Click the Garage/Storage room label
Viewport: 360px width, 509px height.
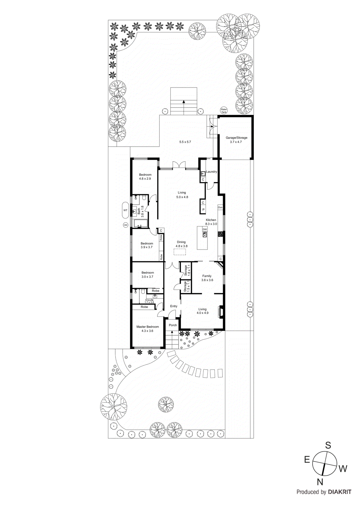236,138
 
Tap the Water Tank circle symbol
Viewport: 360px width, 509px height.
224,110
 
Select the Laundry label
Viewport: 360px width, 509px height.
211,172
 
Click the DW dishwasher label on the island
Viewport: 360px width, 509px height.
205,229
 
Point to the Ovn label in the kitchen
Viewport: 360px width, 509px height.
220,207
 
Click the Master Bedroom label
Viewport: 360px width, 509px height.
147,327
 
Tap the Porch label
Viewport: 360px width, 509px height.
173,325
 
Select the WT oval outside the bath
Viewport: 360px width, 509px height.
125,210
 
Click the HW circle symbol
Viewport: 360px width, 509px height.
125,225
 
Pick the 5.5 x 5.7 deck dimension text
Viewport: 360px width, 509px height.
185,142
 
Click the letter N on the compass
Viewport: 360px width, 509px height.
320,482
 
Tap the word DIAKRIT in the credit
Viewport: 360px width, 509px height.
340,492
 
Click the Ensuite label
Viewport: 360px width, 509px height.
149,300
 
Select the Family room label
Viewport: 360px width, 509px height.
207,276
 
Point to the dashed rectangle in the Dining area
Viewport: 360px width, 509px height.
180,252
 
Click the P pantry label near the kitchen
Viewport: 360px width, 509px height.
203,210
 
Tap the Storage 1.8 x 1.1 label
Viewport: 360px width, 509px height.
187,270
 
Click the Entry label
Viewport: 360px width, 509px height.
173,306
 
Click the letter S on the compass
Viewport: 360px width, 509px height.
328,445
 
